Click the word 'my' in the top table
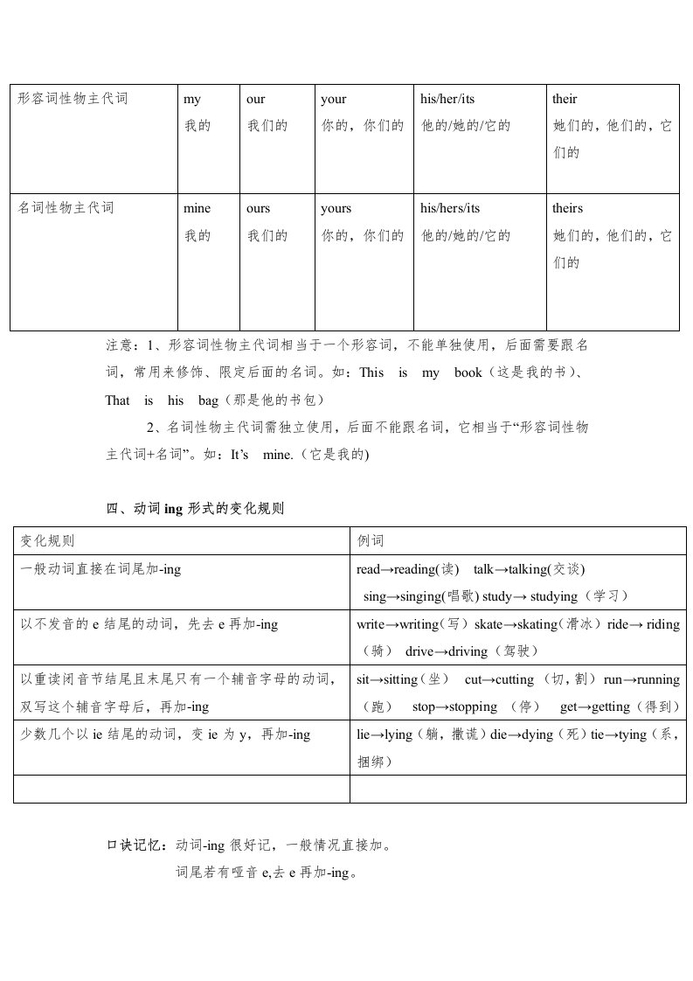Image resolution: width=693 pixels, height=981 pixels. click(192, 100)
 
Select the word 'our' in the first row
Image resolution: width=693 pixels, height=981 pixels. click(256, 100)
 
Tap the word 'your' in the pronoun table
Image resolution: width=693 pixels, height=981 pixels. click(334, 100)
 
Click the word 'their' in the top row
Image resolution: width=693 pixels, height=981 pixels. click(565, 100)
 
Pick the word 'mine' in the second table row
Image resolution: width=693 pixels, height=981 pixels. click(197, 208)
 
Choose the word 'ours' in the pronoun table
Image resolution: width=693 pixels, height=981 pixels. click(259, 208)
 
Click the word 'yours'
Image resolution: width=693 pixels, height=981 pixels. click(336, 208)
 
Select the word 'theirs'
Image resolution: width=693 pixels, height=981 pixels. click(567, 208)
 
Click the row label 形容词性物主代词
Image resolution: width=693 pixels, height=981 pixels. click(73, 99)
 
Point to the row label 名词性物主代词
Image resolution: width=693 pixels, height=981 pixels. click(66, 208)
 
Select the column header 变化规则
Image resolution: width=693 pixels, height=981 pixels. click(48, 541)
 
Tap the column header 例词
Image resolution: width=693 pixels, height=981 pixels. click(371, 541)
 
